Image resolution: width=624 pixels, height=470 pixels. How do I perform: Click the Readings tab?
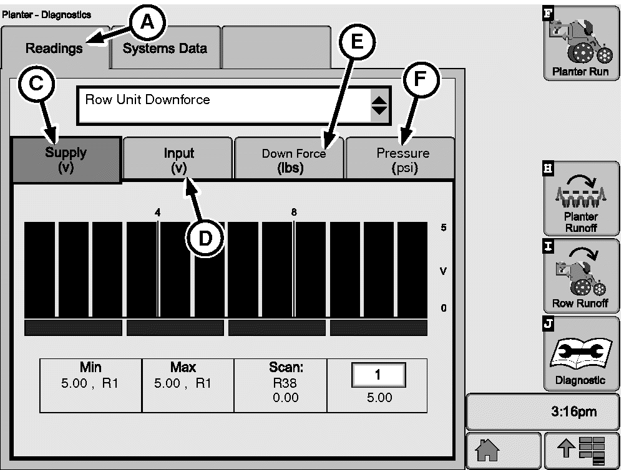54,49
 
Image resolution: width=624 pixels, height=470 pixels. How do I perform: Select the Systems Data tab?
165,48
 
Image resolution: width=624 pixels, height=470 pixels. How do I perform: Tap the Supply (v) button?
66,160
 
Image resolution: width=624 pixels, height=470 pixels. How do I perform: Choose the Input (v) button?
178,160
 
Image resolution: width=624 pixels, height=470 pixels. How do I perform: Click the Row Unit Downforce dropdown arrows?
379,105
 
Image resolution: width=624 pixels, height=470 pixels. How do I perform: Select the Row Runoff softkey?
580,276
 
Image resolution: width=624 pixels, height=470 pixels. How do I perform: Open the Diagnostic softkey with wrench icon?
580,353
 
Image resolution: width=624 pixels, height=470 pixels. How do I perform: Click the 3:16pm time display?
543,411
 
